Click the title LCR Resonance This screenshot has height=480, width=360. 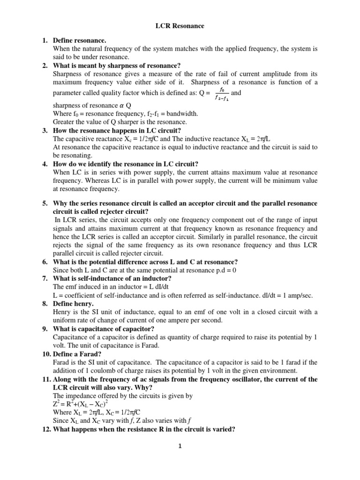click(180, 26)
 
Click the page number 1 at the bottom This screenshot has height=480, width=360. click(179, 446)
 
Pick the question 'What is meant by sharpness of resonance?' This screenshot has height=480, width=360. click(117, 66)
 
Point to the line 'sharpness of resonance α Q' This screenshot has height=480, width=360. click(92, 105)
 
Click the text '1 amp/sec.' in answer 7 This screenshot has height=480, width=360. click(296, 295)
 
